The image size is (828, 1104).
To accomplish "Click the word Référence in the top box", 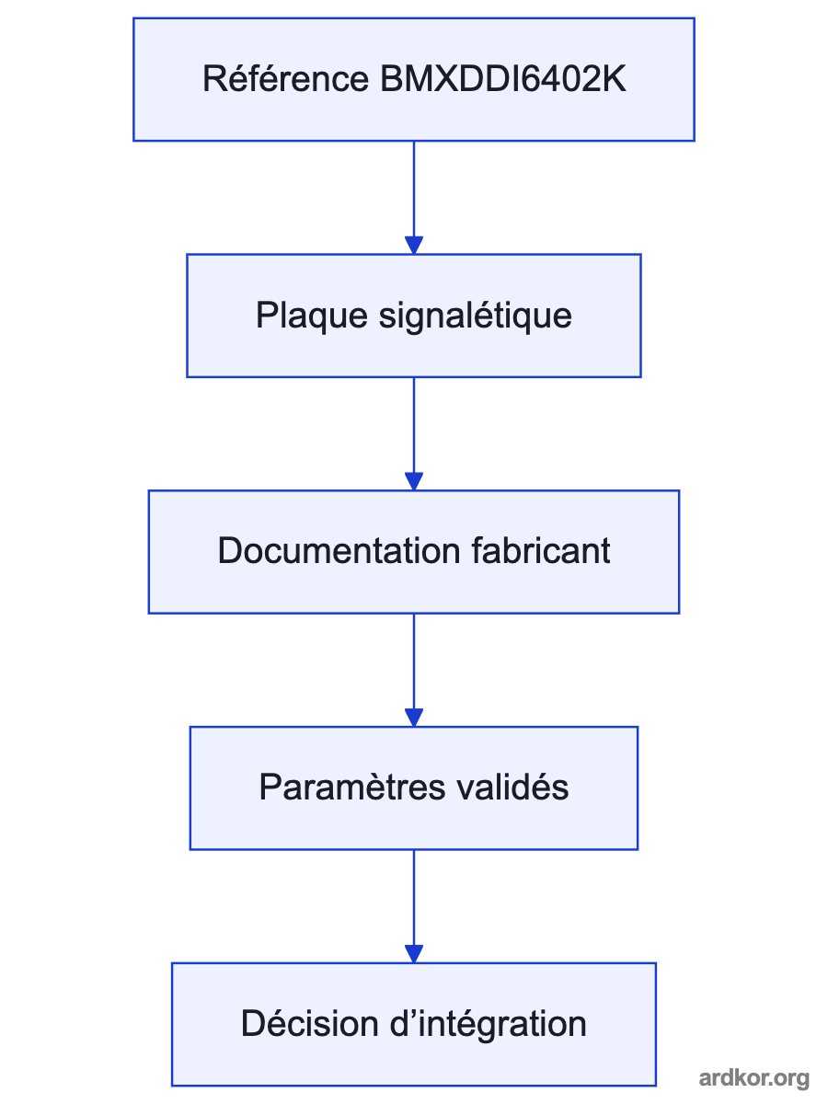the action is (285, 79).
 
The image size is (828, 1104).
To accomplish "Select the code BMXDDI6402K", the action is (502, 79).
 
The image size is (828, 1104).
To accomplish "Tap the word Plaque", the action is (312, 316).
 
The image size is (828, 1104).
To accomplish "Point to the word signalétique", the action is (475, 316).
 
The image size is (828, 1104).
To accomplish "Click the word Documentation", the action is (339, 551).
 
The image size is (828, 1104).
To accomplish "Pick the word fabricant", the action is (541, 551).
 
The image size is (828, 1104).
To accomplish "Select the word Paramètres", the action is (352, 788).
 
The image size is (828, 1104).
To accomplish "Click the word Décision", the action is (310, 1024).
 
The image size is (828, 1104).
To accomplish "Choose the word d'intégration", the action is (489, 1025).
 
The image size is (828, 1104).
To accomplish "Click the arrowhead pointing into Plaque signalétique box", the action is (414, 246).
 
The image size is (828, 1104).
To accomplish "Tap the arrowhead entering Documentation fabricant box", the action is (414, 482).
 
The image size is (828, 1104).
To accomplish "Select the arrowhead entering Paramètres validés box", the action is (414, 718).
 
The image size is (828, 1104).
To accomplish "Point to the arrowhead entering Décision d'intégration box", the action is (414, 954).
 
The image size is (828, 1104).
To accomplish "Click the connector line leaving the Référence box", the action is (414, 190).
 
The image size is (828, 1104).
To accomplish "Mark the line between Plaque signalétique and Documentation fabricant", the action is (414, 426).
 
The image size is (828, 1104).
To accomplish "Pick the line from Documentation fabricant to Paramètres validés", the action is (414, 661).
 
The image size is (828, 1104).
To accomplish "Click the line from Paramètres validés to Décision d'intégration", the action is (414, 898).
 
